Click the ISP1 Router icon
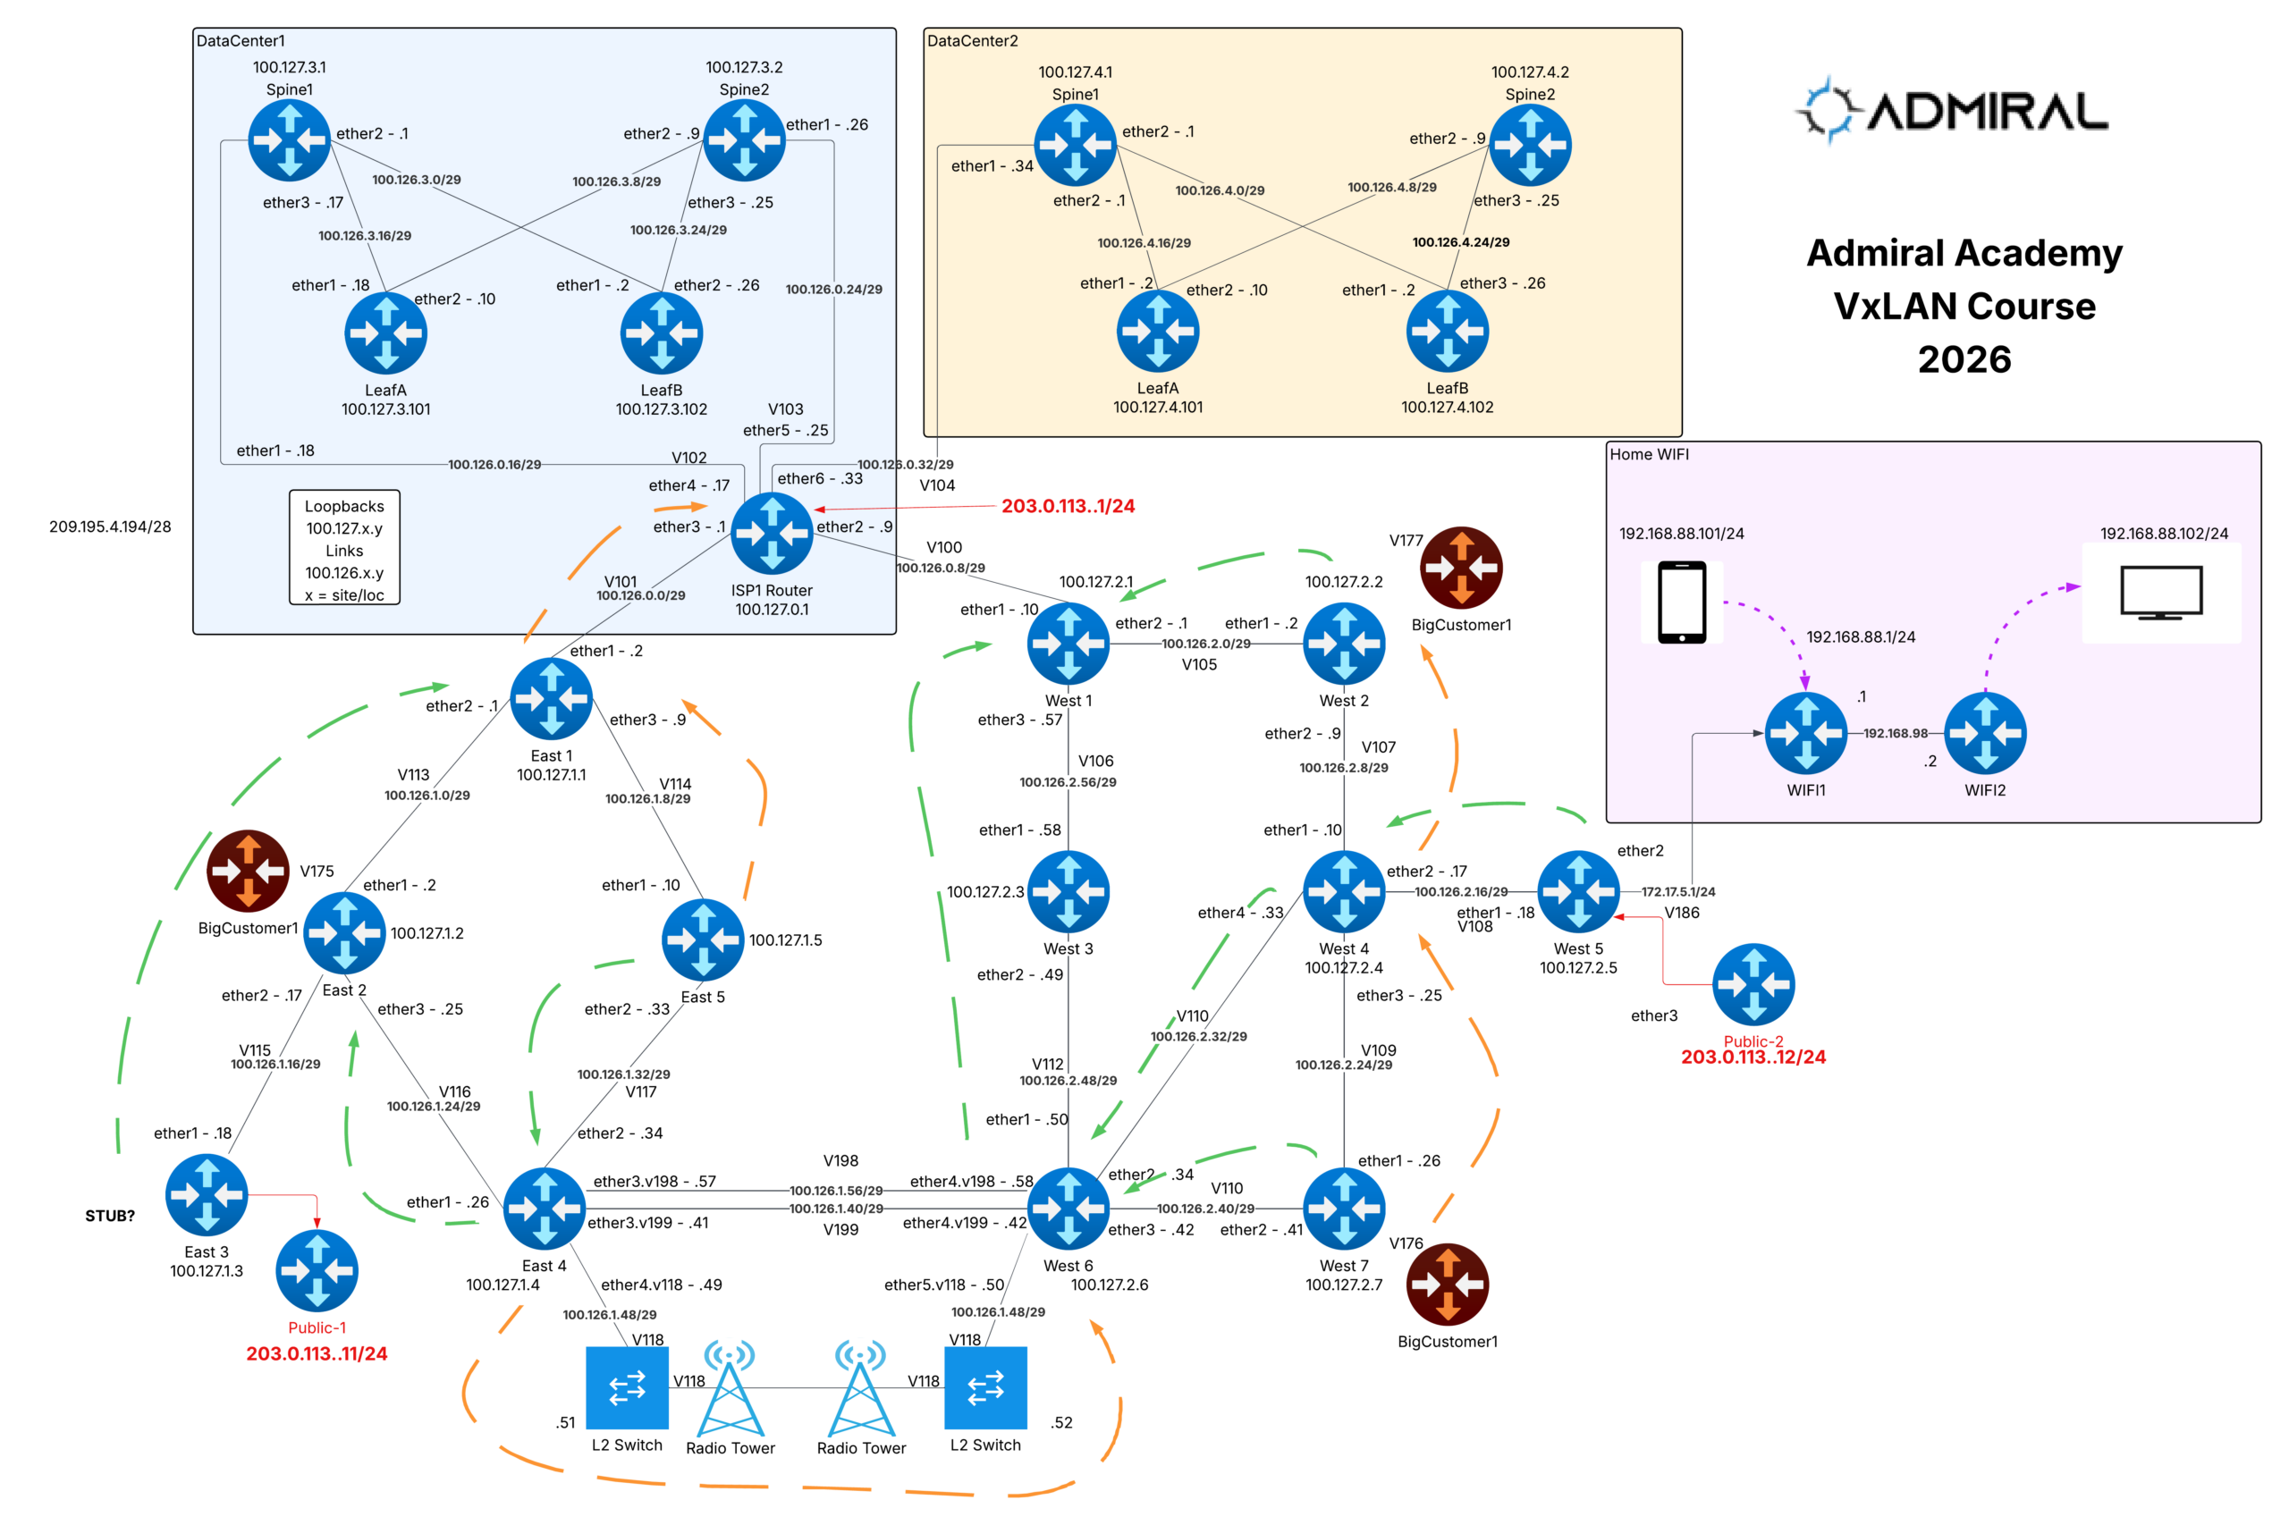772,533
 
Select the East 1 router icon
551,698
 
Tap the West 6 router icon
1068,1208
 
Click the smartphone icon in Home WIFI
1681,602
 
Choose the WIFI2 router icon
1984,732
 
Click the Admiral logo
1950,110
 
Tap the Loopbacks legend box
344,549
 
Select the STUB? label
110,1216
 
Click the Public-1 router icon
317,1270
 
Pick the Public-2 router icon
1753,984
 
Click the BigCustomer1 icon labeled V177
1461,567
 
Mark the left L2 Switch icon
627,1387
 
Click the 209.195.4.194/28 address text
110,527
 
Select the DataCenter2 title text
972,41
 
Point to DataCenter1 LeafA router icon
385,333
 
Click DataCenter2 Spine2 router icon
1529,145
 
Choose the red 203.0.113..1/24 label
1068,506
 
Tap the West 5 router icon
1577,891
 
